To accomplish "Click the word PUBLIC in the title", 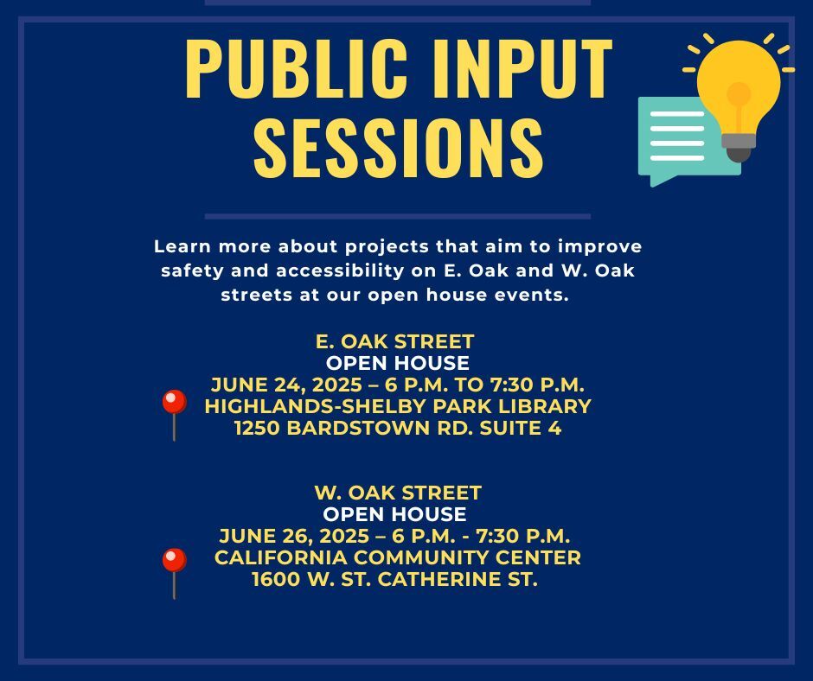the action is click(296, 68).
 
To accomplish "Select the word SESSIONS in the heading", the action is click(398, 147).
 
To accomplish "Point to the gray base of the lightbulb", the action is click(739, 147).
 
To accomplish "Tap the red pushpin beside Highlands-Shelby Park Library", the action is click(174, 415).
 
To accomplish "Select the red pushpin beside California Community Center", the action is click(174, 573).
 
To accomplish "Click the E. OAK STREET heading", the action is click(394, 341).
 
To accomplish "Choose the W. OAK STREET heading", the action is click(398, 493).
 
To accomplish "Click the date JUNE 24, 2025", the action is click(287, 385).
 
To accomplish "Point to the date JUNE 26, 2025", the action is click(294, 537).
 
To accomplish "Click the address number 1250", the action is click(257, 428).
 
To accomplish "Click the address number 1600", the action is click(277, 579).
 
